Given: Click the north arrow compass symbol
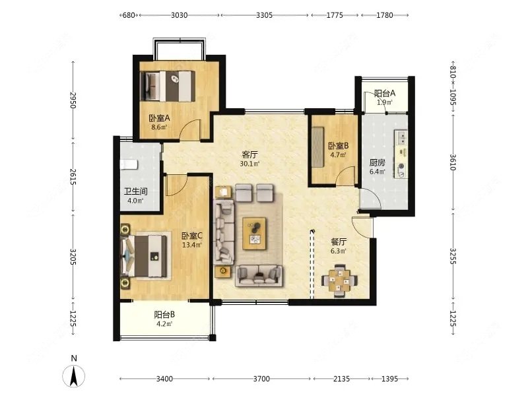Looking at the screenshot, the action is (74, 376).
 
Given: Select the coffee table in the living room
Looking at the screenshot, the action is (254, 234).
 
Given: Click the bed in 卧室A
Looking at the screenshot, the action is (168, 86).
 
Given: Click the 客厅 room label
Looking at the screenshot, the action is (249, 154).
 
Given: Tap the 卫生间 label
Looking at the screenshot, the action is (135, 191).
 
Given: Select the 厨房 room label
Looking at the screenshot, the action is (377, 162).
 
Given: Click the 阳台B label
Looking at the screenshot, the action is (164, 315).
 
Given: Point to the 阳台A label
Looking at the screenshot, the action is (385, 93).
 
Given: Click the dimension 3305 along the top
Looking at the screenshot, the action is (264, 15).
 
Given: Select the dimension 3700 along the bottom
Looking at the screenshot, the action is (261, 379).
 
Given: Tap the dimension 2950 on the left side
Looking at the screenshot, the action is (73, 100).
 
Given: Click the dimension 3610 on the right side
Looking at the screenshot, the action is (453, 162).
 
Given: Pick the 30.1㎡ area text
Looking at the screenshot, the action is (249, 164).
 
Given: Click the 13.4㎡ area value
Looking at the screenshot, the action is (192, 245).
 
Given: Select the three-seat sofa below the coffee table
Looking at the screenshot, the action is (259, 276).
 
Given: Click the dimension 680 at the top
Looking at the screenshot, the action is (129, 15).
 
